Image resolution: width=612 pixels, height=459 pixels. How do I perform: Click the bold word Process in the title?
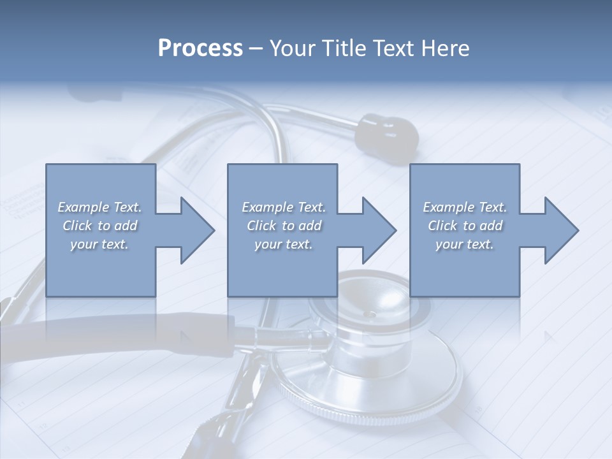point(200,48)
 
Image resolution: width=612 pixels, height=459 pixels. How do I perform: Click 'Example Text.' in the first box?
point(99,207)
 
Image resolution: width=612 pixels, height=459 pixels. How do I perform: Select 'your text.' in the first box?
point(99,244)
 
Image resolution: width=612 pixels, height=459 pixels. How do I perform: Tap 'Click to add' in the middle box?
point(284,226)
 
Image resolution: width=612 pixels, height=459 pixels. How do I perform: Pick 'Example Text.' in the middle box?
point(284,207)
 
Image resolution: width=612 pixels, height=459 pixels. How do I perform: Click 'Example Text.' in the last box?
point(465,207)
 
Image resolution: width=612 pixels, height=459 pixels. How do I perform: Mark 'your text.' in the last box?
point(465,244)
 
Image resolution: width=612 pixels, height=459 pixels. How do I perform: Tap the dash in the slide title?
point(256,48)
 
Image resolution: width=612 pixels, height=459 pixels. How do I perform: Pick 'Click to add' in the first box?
point(99,226)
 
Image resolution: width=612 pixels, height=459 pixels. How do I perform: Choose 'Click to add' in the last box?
point(465,226)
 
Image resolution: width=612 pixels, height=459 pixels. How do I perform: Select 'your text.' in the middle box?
point(284,244)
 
